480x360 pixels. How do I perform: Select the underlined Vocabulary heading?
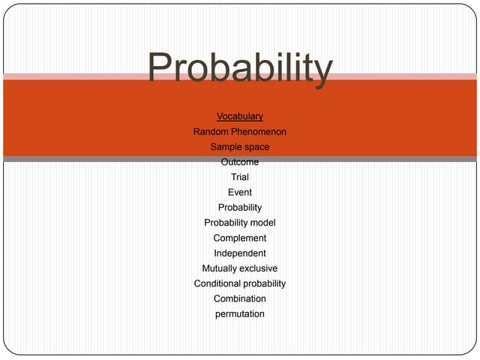(240, 116)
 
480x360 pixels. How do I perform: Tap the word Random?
(211, 132)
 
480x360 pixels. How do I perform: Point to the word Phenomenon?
(259, 132)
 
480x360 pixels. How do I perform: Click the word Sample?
(226, 147)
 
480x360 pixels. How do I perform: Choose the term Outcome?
(240, 162)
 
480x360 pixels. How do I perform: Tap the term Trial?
(240, 177)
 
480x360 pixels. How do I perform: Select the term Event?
(240, 193)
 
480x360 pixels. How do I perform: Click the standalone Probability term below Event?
(240, 208)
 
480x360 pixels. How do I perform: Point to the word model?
(262, 223)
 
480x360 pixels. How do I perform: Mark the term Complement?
(240, 238)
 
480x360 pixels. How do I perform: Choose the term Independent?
(240, 253)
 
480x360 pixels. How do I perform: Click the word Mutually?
(219, 268)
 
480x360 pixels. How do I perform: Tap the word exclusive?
(259, 268)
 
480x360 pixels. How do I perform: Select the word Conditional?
(217, 283)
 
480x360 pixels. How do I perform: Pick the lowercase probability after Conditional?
(262, 283)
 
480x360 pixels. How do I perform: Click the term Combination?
(240, 298)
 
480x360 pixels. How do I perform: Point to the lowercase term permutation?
(240, 313)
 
